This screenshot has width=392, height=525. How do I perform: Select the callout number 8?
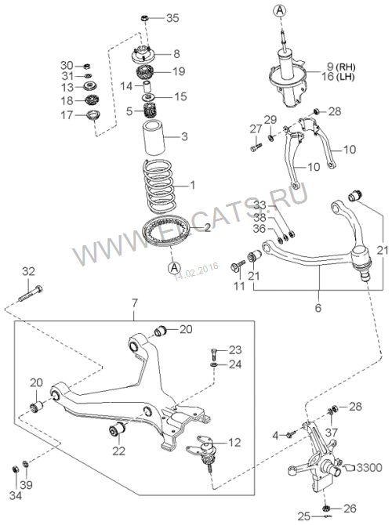click(176, 54)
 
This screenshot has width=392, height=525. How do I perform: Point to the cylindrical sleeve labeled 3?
click(154, 138)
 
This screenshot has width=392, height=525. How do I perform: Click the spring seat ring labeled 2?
click(166, 230)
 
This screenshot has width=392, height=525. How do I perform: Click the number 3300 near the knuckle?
click(369, 467)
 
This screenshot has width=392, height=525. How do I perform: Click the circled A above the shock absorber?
click(280, 10)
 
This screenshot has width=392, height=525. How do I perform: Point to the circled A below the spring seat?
click(174, 267)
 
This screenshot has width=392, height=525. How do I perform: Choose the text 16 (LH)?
click(338, 77)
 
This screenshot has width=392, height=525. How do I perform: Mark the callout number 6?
click(318, 307)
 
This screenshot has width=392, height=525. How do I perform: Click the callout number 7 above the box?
click(134, 303)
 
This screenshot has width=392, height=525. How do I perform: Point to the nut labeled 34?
click(15, 469)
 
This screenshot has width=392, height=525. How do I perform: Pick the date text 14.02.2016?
click(196, 270)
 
